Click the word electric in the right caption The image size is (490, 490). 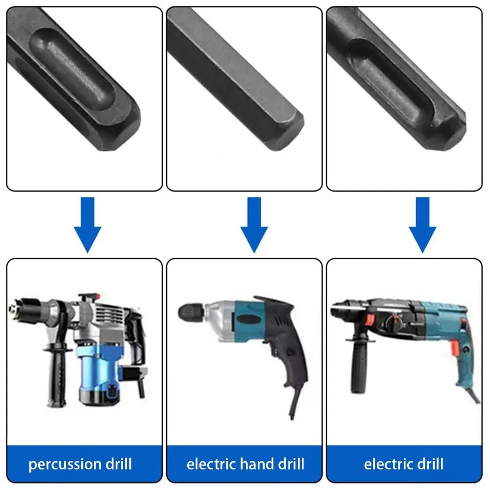click(391, 464)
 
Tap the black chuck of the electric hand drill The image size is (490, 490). click(191, 311)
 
